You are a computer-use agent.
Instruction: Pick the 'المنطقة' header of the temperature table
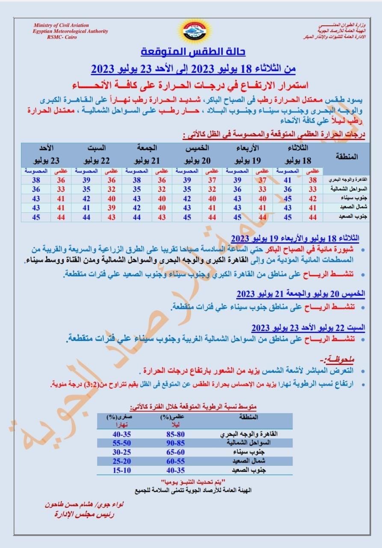pyautogui.click(x=347, y=156)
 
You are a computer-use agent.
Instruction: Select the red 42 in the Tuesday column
pyautogui.click(x=313, y=198)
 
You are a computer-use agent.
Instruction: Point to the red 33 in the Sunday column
pyautogui.click(x=61, y=189)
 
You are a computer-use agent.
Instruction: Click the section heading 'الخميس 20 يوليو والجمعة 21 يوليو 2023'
pyautogui.click(x=301, y=294)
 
